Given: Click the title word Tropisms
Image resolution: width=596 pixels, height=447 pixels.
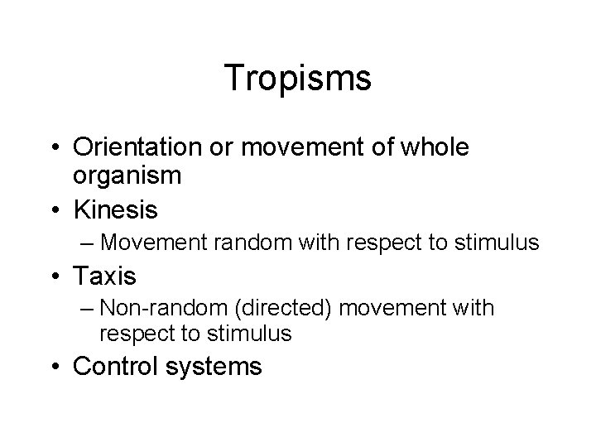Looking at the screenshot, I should (x=298, y=79).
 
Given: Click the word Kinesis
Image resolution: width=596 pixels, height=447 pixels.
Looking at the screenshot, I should (x=115, y=210).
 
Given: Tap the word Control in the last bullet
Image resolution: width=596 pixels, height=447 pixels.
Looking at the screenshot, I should (x=121, y=365).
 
